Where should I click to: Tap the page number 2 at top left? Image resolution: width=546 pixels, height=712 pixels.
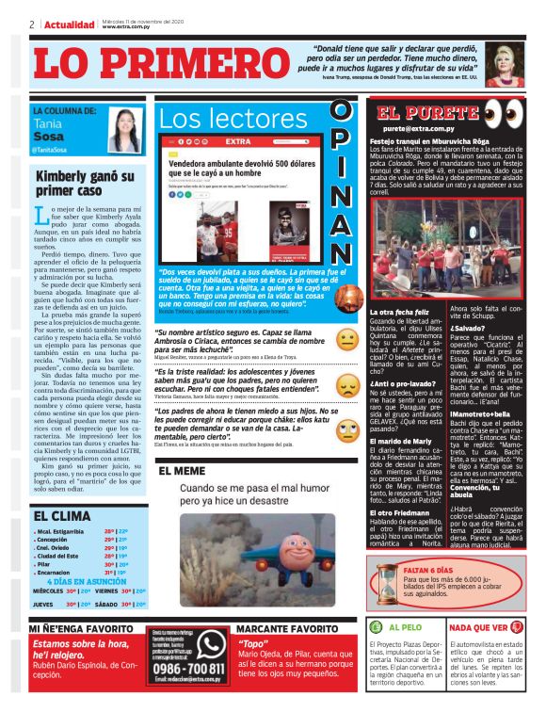point(32,24)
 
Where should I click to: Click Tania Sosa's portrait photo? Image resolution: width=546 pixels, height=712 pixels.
point(125,131)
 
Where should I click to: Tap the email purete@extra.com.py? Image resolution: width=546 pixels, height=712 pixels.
point(418,128)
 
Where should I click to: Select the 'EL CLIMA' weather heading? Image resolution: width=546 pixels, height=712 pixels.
point(62,515)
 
